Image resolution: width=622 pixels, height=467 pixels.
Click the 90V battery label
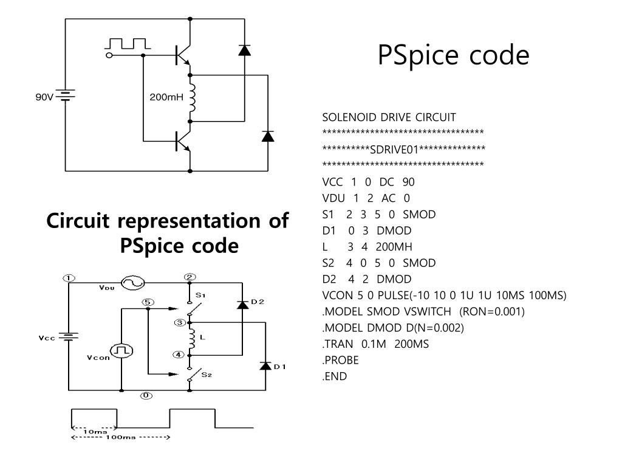click(x=44, y=97)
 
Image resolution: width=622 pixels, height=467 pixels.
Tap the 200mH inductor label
click(x=166, y=97)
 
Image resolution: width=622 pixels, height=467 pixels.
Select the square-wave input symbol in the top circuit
click(x=128, y=44)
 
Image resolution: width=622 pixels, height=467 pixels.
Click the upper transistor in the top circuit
click(x=183, y=55)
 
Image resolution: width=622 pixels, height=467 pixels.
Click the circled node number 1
click(x=69, y=278)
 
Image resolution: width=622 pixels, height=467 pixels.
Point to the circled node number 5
click(x=148, y=303)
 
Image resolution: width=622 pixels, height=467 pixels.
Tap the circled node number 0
click(x=146, y=395)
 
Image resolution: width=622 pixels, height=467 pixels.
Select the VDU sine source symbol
click(x=132, y=283)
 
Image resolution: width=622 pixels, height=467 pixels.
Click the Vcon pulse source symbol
click(x=121, y=351)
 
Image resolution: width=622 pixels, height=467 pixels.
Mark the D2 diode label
click(x=258, y=302)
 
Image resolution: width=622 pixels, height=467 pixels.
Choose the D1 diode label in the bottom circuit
click(x=279, y=367)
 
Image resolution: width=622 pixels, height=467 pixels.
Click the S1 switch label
click(x=200, y=295)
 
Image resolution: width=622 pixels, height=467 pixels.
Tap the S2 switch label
click(x=207, y=375)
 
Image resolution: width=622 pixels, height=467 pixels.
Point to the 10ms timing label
click(x=95, y=431)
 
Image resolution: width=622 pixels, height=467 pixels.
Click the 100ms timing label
click(x=121, y=437)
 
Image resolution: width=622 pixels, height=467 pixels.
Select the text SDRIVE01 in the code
click(x=394, y=150)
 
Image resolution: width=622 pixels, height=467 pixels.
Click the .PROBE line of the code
click(x=340, y=360)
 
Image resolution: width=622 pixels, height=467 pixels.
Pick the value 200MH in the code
click(x=394, y=247)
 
